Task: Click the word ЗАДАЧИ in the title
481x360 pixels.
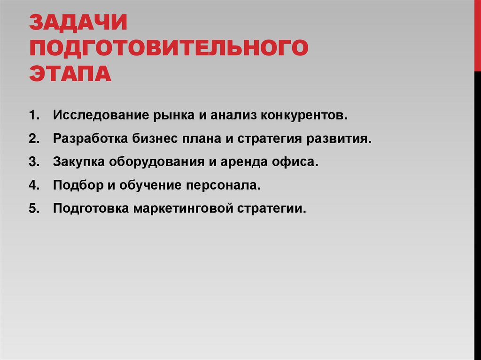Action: tap(78, 24)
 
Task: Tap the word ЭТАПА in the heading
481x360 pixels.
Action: tap(70, 74)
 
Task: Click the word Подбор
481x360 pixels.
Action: tap(77, 185)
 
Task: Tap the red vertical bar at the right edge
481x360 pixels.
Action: tap(477, 35)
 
